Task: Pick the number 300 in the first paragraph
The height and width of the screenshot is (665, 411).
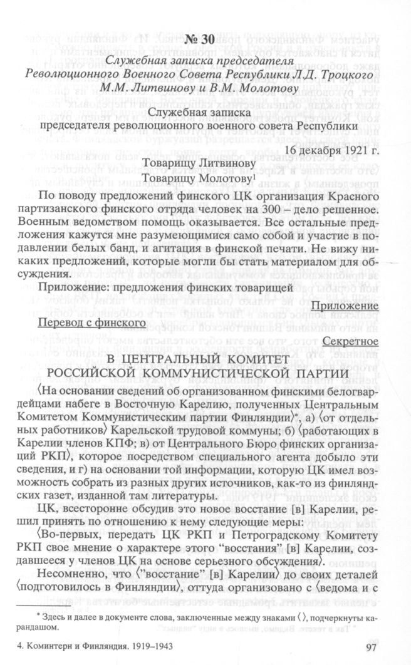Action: [273, 207]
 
